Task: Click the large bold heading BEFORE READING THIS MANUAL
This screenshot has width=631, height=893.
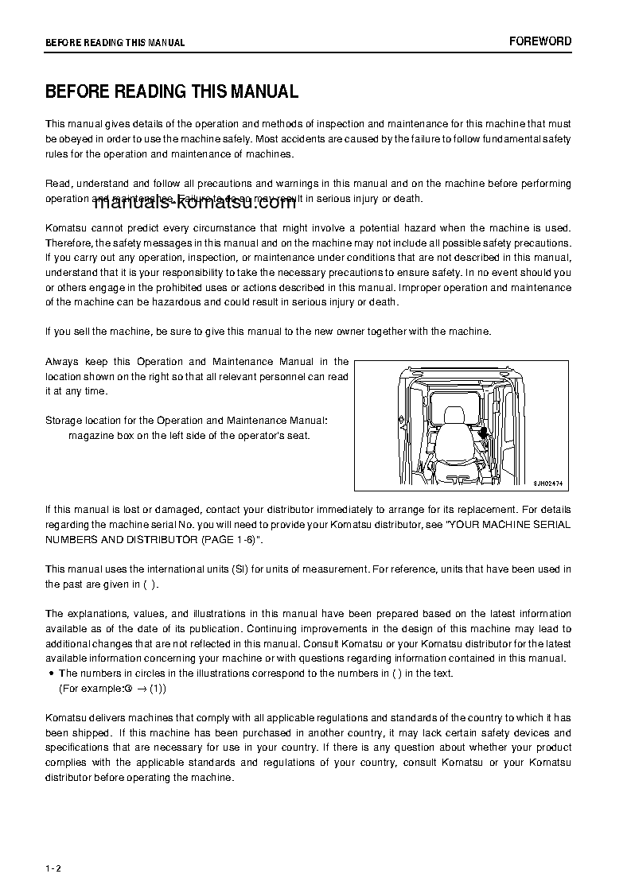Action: pyautogui.click(x=172, y=91)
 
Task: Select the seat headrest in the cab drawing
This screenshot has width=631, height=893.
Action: pyautogui.click(x=454, y=415)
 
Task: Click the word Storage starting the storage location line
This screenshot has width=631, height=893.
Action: pyautogui.click(x=63, y=420)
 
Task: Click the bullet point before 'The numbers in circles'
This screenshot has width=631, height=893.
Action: pyautogui.click(x=51, y=674)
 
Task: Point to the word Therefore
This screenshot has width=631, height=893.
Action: pyautogui.click(x=69, y=242)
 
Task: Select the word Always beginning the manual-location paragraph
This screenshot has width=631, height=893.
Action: pyautogui.click(x=61, y=361)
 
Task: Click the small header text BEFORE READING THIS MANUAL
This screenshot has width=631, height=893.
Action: pyautogui.click(x=115, y=43)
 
